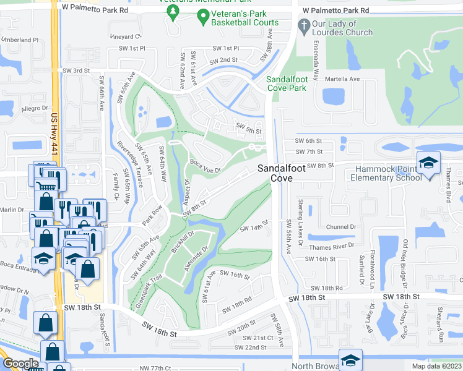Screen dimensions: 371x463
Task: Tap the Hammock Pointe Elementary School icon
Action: (428, 163)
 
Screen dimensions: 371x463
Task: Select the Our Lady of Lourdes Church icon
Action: (303, 26)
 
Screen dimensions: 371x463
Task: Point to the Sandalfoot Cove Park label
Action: (287, 83)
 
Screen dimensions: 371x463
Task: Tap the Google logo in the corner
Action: (20, 363)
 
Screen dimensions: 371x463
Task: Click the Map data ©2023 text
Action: (436, 366)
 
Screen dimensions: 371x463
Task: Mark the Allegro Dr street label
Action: (33, 109)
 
